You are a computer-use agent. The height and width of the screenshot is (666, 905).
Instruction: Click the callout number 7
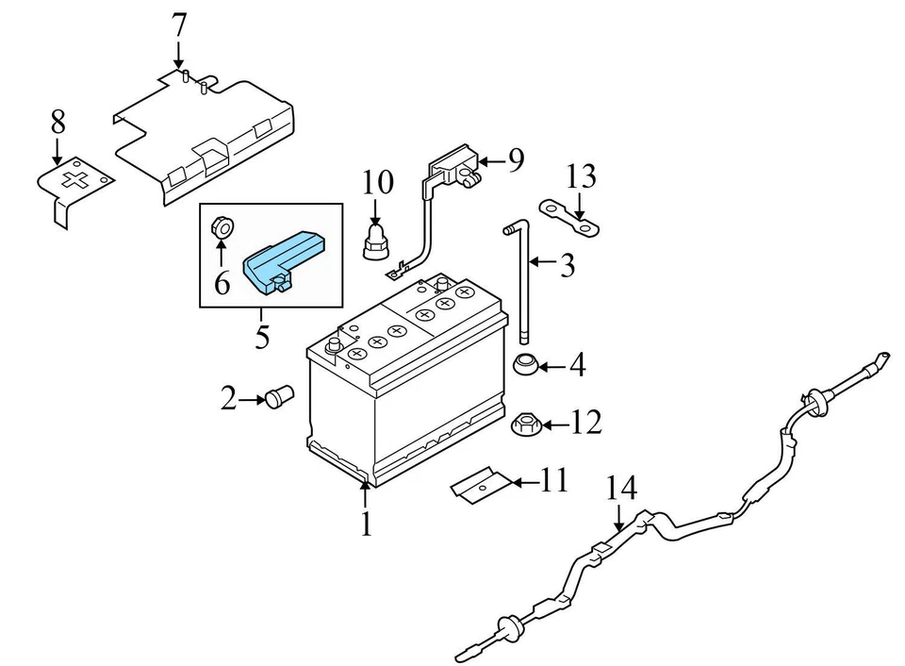(x=178, y=25)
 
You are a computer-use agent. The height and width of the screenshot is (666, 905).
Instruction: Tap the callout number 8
(x=58, y=121)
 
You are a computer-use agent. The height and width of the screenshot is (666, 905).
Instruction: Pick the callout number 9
(x=515, y=161)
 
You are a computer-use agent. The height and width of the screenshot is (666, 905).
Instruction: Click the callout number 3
(x=566, y=266)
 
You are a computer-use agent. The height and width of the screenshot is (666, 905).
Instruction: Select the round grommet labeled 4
(x=525, y=364)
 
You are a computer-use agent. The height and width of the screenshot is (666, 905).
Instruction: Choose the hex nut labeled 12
(x=526, y=425)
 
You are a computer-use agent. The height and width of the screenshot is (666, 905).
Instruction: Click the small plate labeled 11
(x=477, y=487)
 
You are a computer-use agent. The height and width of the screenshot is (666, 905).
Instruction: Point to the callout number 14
(x=622, y=488)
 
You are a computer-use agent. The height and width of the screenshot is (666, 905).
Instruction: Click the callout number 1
(x=366, y=523)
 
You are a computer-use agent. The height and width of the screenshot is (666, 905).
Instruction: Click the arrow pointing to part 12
(x=554, y=425)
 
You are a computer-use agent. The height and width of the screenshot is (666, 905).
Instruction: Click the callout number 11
(x=554, y=481)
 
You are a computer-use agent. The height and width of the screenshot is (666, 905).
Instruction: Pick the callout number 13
(x=582, y=176)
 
